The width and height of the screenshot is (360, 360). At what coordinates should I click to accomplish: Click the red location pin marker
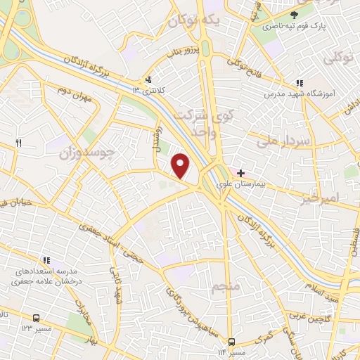pyautogui.click(x=181, y=166)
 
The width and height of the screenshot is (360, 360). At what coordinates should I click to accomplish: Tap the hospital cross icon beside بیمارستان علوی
pyautogui.click(x=241, y=172)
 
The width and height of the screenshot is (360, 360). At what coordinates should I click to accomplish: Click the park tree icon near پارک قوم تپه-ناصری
pyautogui.click(x=295, y=13)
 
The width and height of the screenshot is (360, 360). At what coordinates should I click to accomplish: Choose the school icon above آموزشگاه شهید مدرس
pyautogui.click(x=300, y=83)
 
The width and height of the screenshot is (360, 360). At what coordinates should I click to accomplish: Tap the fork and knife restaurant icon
pyautogui.click(x=19, y=143)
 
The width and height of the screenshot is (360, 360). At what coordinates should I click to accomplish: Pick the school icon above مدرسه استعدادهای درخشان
pyautogui.click(x=46, y=259)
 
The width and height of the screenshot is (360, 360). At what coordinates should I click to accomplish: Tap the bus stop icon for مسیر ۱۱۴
pyautogui.click(x=231, y=342)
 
